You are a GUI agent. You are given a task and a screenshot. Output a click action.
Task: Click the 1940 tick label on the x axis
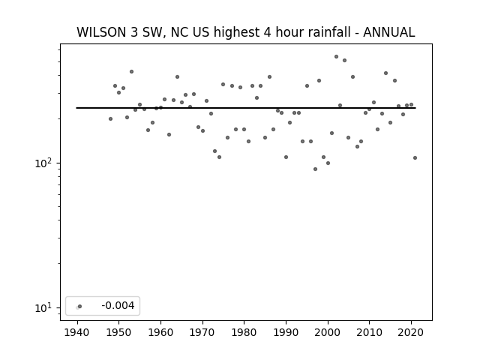click(77, 333)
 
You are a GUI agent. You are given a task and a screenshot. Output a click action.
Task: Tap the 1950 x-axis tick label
click(119, 333)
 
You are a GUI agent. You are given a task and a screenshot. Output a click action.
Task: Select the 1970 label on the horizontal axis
click(202, 333)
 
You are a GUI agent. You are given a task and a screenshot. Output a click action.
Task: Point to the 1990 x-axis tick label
click(286, 333)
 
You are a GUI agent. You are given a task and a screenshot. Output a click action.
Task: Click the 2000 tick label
click(328, 333)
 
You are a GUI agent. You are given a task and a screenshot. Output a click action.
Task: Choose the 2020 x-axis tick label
click(411, 333)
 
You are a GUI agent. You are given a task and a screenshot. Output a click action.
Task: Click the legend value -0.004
click(118, 305)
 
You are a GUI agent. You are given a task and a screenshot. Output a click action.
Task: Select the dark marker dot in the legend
click(80, 306)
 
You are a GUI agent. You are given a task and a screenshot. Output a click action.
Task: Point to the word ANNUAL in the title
click(389, 32)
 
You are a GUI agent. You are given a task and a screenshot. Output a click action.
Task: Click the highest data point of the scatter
click(336, 57)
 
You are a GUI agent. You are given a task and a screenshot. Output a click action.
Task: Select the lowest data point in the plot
click(315, 169)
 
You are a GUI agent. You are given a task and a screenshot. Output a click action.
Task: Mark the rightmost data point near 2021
click(415, 158)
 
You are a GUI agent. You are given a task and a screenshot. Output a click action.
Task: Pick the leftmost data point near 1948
click(110, 118)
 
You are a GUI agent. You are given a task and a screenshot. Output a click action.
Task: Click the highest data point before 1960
click(132, 72)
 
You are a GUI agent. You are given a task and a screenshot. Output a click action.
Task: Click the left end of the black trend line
click(76, 108)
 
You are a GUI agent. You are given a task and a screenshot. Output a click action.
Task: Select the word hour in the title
click(259, 32)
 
